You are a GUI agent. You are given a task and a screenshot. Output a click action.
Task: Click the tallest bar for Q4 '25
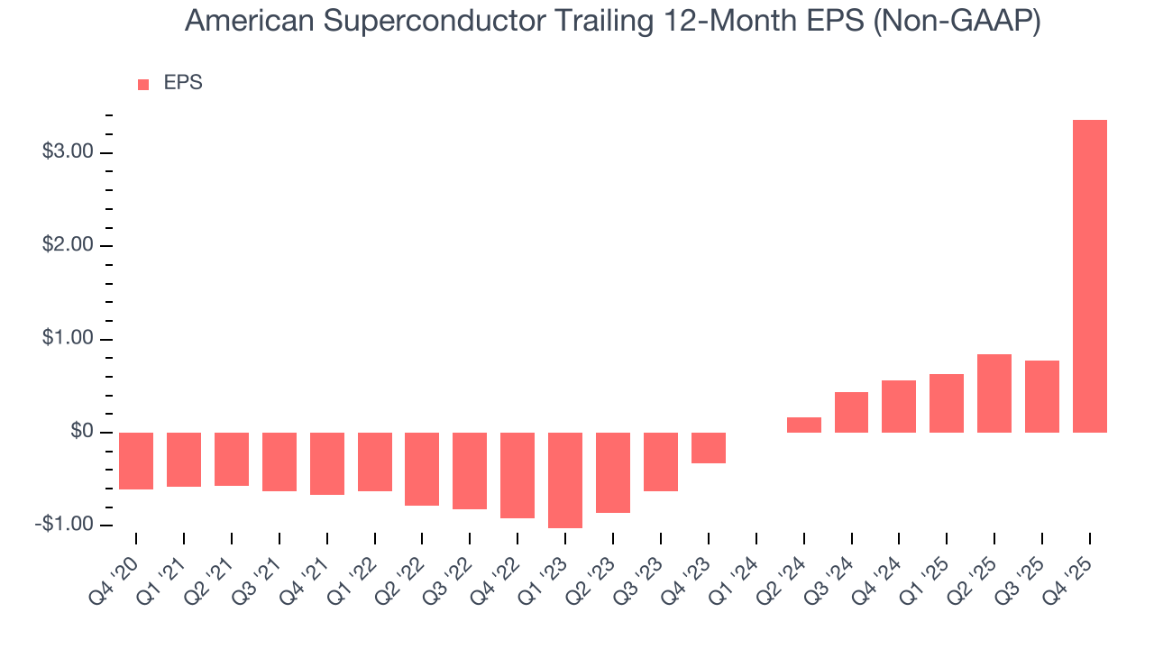[x=1089, y=276]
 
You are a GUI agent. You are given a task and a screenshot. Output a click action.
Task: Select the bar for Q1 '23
[x=565, y=480]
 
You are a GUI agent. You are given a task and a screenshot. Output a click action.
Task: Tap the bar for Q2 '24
[x=803, y=425]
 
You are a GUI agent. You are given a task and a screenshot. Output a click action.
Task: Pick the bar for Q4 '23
[x=709, y=448]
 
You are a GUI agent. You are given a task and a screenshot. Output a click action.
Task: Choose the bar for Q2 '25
[x=994, y=393]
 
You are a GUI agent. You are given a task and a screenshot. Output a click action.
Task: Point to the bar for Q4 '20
[x=136, y=461]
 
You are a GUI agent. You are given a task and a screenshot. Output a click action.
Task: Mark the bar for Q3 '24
[x=851, y=412]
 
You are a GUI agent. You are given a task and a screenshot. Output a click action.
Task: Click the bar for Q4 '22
[x=517, y=475]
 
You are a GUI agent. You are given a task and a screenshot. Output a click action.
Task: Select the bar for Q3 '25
[x=1041, y=397]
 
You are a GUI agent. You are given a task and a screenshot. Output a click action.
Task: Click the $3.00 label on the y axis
[x=68, y=152]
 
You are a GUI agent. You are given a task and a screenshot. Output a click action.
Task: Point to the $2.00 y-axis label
[x=68, y=246]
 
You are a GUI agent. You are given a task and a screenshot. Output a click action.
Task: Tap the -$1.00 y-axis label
[x=65, y=526]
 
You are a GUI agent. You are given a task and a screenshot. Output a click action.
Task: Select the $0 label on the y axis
[x=82, y=433]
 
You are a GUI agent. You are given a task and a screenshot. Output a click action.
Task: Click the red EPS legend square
[x=143, y=85]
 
